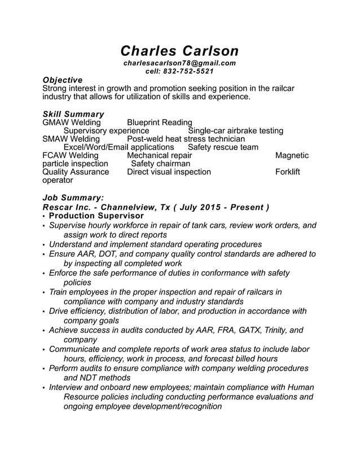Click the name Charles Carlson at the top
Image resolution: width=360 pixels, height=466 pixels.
pyautogui.click(x=180, y=51)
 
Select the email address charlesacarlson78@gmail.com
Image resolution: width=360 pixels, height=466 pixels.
pyautogui.click(x=179, y=63)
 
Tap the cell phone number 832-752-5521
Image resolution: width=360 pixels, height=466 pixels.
pyautogui.click(x=189, y=71)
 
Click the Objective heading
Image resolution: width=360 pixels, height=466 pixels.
pyautogui.click(x=63, y=80)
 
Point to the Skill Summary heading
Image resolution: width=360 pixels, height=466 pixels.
pyautogui.click(x=73, y=114)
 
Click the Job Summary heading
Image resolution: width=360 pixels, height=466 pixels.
pyautogui.click(x=73, y=198)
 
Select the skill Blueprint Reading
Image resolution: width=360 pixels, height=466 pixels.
pyautogui.click(x=160, y=122)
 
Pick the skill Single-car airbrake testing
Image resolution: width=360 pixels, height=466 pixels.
pyautogui.click(x=235, y=131)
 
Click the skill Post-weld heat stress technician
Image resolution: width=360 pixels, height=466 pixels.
pyautogui.click(x=186, y=139)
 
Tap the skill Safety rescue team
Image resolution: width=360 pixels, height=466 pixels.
pyautogui.click(x=223, y=147)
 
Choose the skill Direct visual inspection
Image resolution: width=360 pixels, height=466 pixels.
pyautogui.click(x=169, y=172)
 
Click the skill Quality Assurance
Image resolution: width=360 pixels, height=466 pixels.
pyautogui.click(x=76, y=172)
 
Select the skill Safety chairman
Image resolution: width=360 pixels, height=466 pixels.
pyautogui.click(x=161, y=164)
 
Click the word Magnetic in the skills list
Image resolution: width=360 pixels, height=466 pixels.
pyautogui.click(x=292, y=156)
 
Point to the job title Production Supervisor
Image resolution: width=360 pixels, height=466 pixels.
pyautogui.click(x=96, y=216)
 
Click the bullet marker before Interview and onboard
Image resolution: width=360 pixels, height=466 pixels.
pyautogui.click(x=44, y=388)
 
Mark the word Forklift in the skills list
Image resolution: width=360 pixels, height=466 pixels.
pyautogui.click(x=288, y=172)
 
